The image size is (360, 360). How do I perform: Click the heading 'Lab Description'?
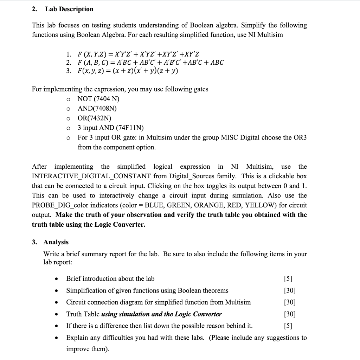coord(69,9)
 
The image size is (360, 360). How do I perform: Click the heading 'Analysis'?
coord(56,242)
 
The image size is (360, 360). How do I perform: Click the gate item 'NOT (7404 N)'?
coord(98,99)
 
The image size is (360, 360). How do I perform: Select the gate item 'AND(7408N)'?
coord(97,109)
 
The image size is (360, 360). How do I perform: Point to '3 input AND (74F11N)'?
coord(111,128)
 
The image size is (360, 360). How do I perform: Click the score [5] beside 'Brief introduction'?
coord(287,279)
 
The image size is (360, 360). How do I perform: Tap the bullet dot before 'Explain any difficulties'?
coord(56,338)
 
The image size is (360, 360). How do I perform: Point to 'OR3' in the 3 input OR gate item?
coord(300,137)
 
